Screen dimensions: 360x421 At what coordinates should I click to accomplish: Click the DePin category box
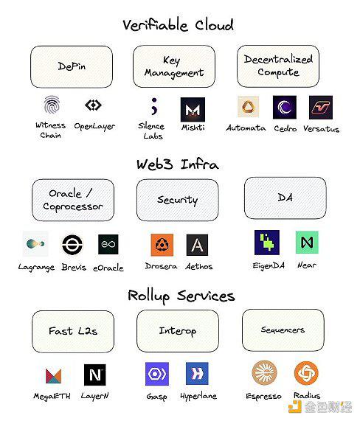tap(72, 66)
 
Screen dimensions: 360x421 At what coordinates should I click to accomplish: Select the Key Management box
tap(174, 66)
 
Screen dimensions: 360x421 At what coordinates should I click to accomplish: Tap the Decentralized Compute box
tap(278, 66)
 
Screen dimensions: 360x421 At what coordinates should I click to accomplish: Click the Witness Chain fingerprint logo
tap(52, 104)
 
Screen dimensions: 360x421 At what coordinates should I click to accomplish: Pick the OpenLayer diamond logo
tap(93, 105)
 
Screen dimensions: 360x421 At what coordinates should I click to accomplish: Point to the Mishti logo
tap(193, 110)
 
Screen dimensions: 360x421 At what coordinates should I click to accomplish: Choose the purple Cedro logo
tap(285, 107)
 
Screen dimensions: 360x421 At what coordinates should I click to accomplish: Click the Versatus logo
tap(321, 108)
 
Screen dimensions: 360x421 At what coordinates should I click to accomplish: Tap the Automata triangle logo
tap(249, 107)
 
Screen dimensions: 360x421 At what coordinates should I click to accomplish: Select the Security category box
tap(177, 200)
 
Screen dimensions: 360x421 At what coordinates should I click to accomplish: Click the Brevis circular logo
tap(72, 244)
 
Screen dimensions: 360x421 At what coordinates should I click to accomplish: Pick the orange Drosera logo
tap(162, 245)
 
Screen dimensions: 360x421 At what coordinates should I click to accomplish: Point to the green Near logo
tap(307, 242)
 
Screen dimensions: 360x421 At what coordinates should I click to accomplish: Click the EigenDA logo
tap(267, 243)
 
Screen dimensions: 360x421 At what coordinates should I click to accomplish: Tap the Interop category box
tap(178, 331)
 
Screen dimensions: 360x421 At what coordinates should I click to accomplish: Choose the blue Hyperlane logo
tap(197, 373)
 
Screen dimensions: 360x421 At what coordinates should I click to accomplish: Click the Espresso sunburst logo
tap(264, 372)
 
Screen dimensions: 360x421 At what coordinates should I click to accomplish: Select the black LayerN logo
tap(95, 375)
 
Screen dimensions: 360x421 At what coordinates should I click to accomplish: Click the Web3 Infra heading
tap(178, 164)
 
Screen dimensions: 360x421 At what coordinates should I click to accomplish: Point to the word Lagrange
tap(36, 268)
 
